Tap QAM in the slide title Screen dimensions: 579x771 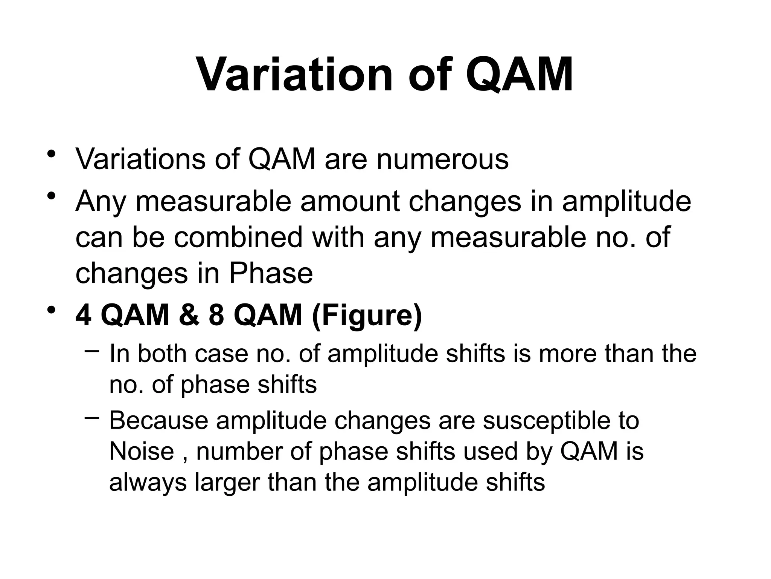click(x=520, y=75)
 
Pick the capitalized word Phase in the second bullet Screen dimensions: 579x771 click(x=271, y=273)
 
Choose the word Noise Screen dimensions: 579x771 click(x=142, y=451)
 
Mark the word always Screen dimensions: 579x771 click(x=148, y=482)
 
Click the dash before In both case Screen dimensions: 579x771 click(x=92, y=351)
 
